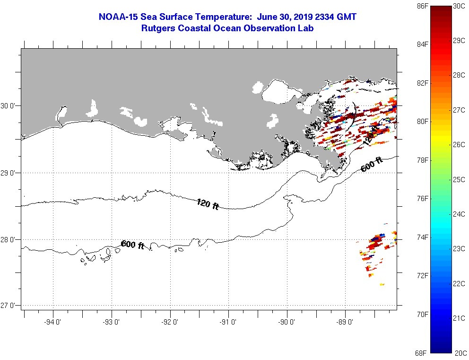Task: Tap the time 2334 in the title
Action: click(x=324, y=17)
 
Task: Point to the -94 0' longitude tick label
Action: click(x=53, y=322)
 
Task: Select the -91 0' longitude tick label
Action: click(x=228, y=322)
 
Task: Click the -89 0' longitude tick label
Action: click(x=345, y=322)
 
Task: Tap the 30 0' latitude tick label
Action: click(x=8, y=106)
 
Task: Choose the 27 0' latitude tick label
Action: click(x=8, y=306)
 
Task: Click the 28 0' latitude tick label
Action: click(x=8, y=240)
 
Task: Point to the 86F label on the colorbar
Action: click(x=422, y=6)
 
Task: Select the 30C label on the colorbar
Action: click(x=459, y=6)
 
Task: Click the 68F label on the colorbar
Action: click(x=421, y=353)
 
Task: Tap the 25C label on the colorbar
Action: click(x=459, y=180)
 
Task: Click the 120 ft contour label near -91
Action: click(x=208, y=204)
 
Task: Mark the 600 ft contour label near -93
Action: click(x=132, y=245)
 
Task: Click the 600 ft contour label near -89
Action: click(x=372, y=165)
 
